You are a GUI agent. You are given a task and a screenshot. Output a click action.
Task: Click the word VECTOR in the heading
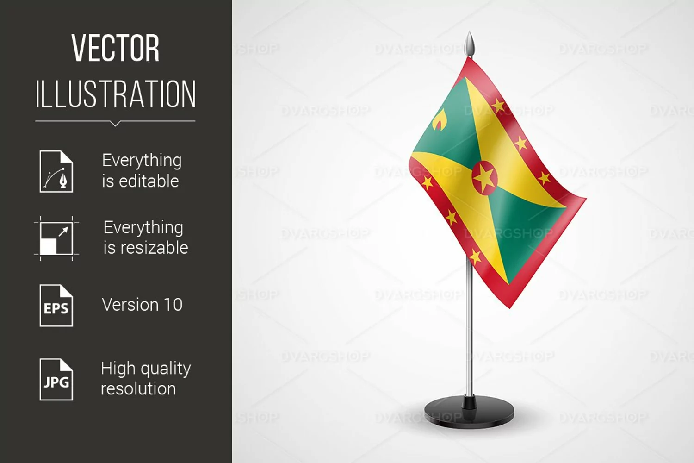click(115, 48)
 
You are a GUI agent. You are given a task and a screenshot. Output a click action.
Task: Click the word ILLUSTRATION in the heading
click(115, 94)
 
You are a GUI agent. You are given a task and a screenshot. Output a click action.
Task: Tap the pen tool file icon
click(56, 171)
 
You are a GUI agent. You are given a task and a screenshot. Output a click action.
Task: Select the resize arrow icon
click(56, 238)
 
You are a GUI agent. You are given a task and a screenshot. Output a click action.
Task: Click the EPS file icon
click(56, 306)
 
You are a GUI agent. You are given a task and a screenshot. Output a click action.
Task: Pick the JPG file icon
click(56, 379)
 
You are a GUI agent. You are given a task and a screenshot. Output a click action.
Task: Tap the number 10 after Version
click(173, 305)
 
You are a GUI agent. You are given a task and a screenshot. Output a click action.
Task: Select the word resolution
click(138, 388)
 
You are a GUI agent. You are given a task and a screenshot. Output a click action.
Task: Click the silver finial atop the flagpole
click(470, 44)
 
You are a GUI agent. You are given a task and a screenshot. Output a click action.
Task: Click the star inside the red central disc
click(484, 178)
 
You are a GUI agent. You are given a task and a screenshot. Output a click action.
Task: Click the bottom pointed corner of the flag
click(510, 308)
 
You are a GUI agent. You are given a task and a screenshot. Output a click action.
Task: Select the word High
click(118, 369)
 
